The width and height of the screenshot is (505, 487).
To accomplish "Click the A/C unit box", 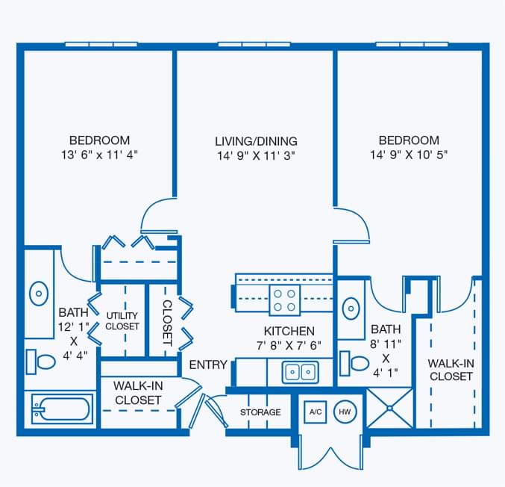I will [x=315, y=412].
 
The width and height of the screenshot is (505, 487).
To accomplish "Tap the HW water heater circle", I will [x=345, y=412].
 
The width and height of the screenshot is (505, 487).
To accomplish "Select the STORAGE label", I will [x=260, y=412].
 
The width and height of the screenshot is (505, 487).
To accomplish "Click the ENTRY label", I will [x=208, y=365].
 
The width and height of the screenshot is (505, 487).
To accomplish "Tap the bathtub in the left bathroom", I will [x=61, y=409].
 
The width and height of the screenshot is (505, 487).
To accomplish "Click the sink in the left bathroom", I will [x=39, y=293].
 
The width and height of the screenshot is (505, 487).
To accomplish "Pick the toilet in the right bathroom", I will [x=355, y=364].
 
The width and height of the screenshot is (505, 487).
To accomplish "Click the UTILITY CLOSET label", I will [x=122, y=321].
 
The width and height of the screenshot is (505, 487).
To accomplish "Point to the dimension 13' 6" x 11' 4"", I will [x=99, y=155].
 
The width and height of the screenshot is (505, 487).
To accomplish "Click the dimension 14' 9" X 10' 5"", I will [x=408, y=155].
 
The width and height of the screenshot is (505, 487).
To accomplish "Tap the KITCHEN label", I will [x=289, y=331].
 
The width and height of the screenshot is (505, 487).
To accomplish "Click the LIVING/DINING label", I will [x=256, y=140].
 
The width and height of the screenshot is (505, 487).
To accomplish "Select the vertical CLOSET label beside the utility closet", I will [x=167, y=323].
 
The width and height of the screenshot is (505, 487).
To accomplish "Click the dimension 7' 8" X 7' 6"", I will [x=289, y=345].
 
